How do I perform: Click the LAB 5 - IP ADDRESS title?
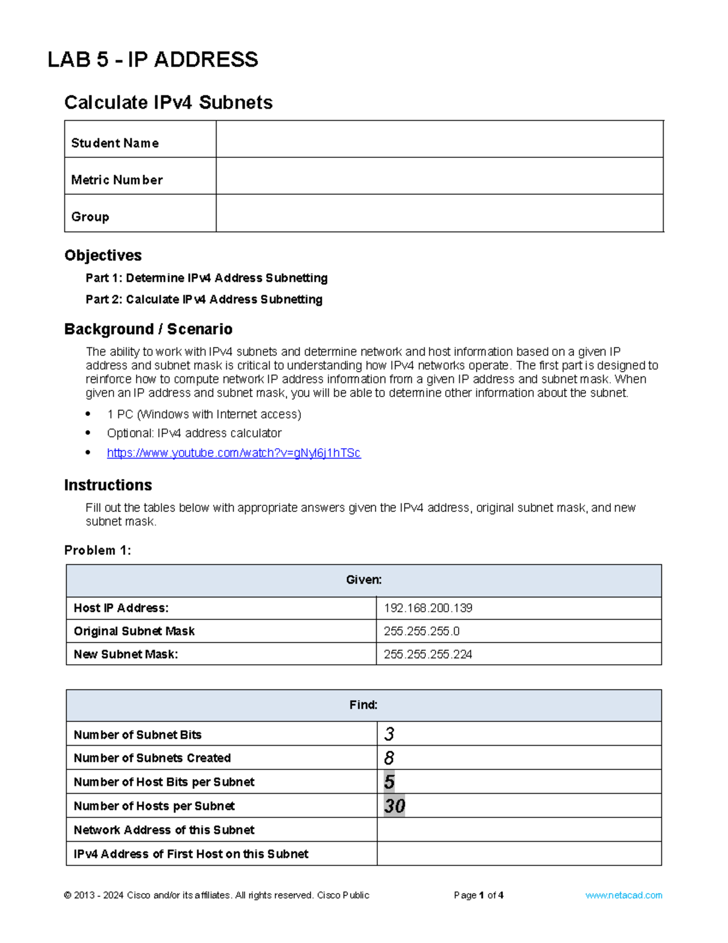[x=153, y=60]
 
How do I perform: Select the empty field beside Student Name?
[x=439, y=140]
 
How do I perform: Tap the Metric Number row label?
[x=117, y=180]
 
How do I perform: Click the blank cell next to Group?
[x=439, y=213]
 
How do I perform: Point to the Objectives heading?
[x=103, y=255]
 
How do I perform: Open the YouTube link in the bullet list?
[x=234, y=453]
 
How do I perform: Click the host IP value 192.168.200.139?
[x=428, y=608]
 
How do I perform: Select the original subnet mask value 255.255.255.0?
[x=422, y=631]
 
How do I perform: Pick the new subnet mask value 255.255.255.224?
[x=428, y=654]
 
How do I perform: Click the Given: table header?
[x=364, y=580]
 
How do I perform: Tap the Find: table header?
[x=363, y=705]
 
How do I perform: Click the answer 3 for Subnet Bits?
[x=389, y=734]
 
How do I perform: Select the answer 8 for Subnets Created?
[x=389, y=758]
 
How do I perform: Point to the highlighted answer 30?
[x=394, y=806]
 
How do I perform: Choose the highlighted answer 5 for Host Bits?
[x=389, y=781]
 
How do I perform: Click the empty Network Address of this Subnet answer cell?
[x=519, y=829]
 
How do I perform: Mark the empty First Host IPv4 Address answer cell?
[x=519, y=853]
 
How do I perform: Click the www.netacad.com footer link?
[x=624, y=895]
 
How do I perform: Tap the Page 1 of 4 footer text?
[x=479, y=895]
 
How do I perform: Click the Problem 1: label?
[x=98, y=550]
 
